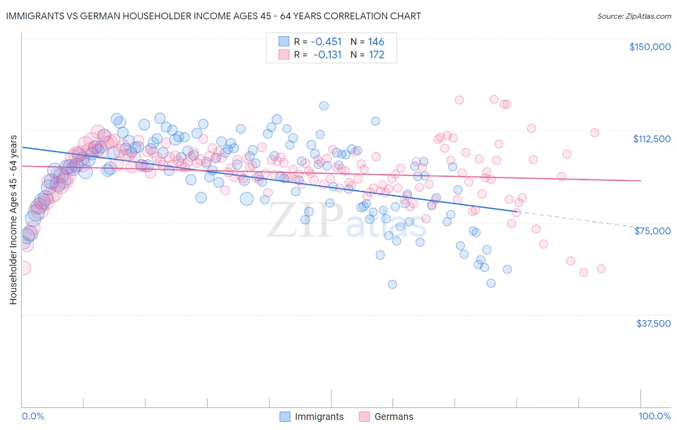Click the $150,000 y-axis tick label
point(650,47)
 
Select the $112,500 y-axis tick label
point(651,139)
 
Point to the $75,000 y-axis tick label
point(652,231)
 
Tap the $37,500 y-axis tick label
point(653,323)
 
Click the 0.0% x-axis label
point(33,416)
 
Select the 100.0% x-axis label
point(654,416)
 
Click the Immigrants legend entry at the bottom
point(319,417)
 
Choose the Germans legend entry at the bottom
point(393,417)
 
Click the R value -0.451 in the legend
point(327,41)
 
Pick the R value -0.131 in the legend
point(327,55)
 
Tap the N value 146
point(376,41)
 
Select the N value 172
point(376,55)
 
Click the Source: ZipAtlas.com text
point(634,16)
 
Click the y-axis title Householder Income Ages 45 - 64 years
point(13,219)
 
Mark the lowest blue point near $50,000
point(392,284)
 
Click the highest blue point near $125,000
point(324,106)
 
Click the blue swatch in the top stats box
point(284,41)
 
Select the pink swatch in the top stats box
point(284,55)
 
